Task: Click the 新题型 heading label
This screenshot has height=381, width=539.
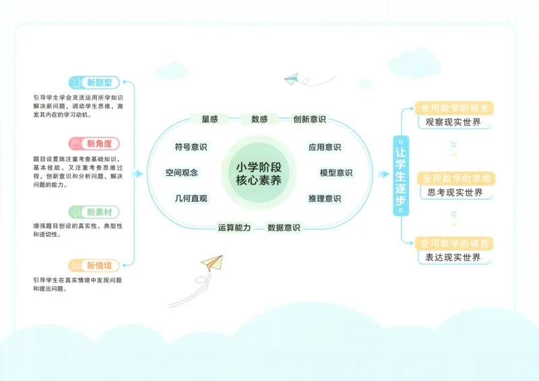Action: pos(94,83)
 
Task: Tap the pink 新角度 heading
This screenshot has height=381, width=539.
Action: pos(94,143)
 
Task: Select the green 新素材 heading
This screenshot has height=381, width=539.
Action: pos(94,212)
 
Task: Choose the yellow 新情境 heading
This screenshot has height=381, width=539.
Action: pos(94,265)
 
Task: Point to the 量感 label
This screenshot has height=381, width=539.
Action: pos(210,119)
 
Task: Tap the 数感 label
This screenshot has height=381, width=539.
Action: pos(259,119)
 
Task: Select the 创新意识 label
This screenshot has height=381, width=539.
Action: pos(309,119)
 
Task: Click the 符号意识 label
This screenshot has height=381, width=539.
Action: pos(191,147)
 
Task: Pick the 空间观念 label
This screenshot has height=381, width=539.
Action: pos(182,172)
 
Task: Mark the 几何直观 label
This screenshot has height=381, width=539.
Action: pos(191,199)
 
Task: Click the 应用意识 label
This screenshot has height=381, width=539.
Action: pos(325,147)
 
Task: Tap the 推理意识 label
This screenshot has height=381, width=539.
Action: pos(325,199)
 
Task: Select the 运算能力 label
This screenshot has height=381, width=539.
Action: pos(234,228)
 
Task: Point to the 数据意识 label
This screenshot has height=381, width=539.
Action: pos(284,228)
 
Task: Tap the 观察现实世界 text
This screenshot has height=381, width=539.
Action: pos(453,123)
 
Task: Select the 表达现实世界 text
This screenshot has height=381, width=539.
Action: pos(453,258)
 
